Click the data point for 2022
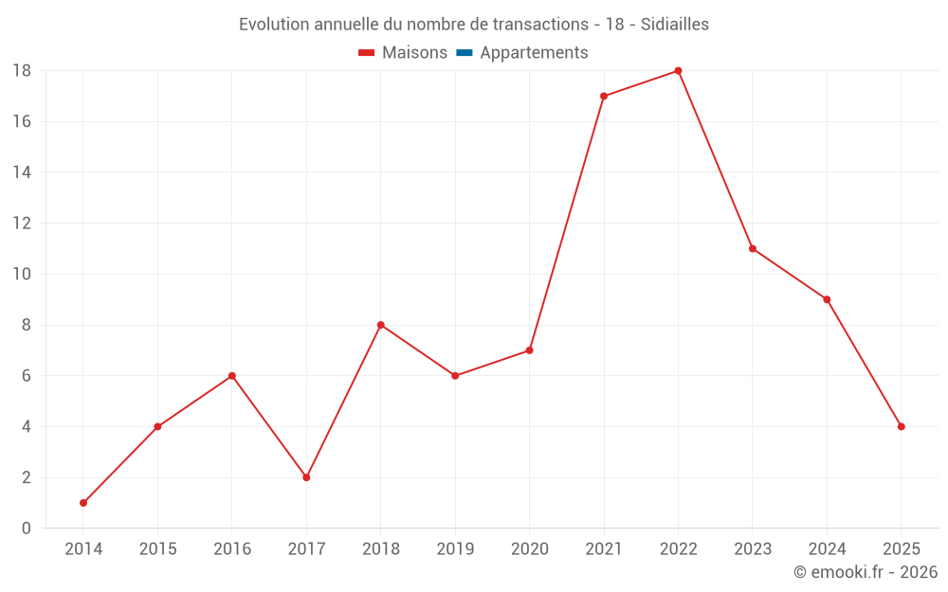[x=678, y=71]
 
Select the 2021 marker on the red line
[x=604, y=97]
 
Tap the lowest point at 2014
[x=83, y=503]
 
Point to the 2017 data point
[x=306, y=477]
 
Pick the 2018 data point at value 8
[x=380, y=325]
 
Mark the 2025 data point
[x=901, y=426]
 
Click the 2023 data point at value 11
[x=752, y=249]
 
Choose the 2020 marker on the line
[x=529, y=350]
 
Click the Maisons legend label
[x=414, y=53]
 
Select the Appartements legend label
[x=534, y=53]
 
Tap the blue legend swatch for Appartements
[x=464, y=53]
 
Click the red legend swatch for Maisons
[x=367, y=53]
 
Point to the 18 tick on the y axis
[x=22, y=71]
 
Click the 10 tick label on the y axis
[x=22, y=275]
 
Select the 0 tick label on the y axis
[x=27, y=529]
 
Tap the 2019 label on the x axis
[x=455, y=549]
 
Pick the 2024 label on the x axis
[x=827, y=549]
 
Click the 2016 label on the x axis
[x=232, y=549]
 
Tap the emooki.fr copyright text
[x=866, y=572]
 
